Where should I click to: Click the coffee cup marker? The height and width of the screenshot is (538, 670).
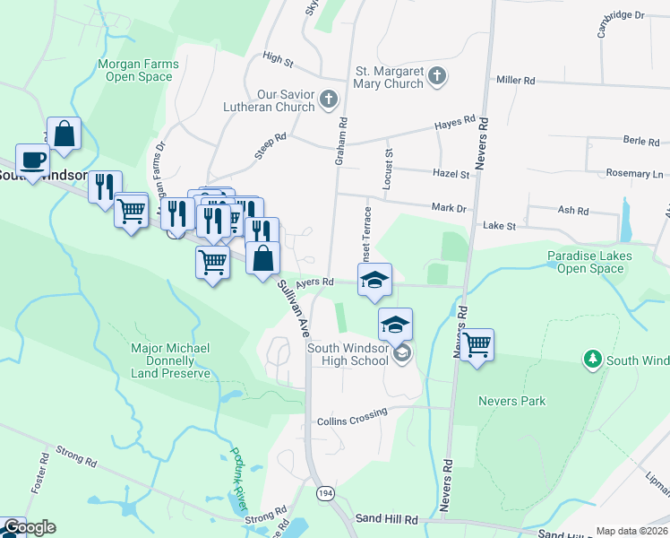(x=33, y=161)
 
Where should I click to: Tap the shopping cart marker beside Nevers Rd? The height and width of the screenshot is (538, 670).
(x=477, y=344)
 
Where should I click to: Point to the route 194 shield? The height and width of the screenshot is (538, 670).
(x=323, y=493)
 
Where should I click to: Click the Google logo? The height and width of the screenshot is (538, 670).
(x=29, y=527)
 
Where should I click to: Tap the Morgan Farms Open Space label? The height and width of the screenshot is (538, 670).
(x=137, y=71)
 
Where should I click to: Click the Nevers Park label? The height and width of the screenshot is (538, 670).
(x=511, y=401)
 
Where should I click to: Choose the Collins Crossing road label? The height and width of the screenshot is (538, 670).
(x=352, y=417)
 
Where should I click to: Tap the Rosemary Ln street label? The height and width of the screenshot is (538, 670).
(x=640, y=173)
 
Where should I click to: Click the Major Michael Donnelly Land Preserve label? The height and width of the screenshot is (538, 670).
(x=170, y=360)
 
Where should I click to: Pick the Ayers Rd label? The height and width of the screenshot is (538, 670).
(x=314, y=282)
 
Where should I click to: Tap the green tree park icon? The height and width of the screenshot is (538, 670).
(x=591, y=360)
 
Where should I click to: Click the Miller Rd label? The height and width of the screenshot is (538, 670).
(x=515, y=81)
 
